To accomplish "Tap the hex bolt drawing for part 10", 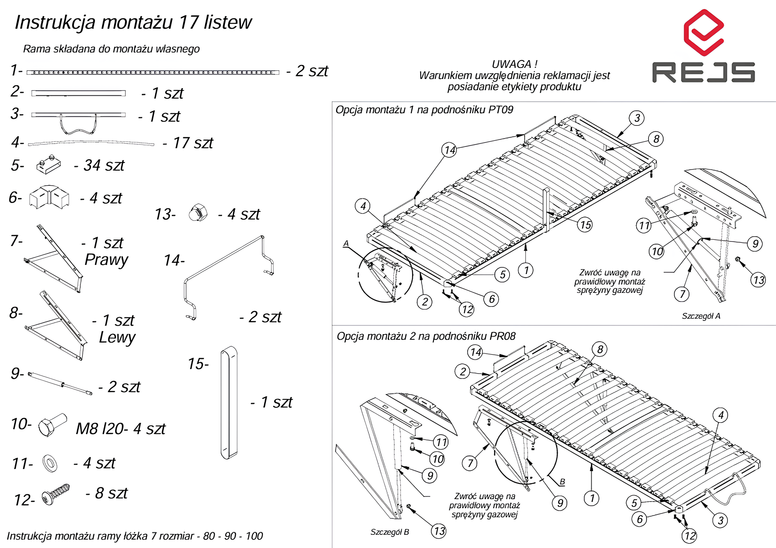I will [x=52, y=424].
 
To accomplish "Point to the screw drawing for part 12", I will [x=55, y=494].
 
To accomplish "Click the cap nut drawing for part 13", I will [x=198, y=213].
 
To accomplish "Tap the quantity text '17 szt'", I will [x=193, y=143].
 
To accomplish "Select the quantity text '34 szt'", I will [x=104, y=165].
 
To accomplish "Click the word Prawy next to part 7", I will [x=106, y=260].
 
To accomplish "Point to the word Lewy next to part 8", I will [x=117, y=337].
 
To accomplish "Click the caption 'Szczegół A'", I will [x=701, y=316].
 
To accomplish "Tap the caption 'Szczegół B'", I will [x=389, y=532].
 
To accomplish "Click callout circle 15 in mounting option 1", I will [x=585, y=225].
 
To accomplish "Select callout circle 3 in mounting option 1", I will [x=637, y=118].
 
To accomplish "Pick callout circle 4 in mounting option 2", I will [x=721, y=415].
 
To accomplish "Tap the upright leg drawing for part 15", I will [x=229, y=403].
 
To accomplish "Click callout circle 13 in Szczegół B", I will [x=439, y=531].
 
